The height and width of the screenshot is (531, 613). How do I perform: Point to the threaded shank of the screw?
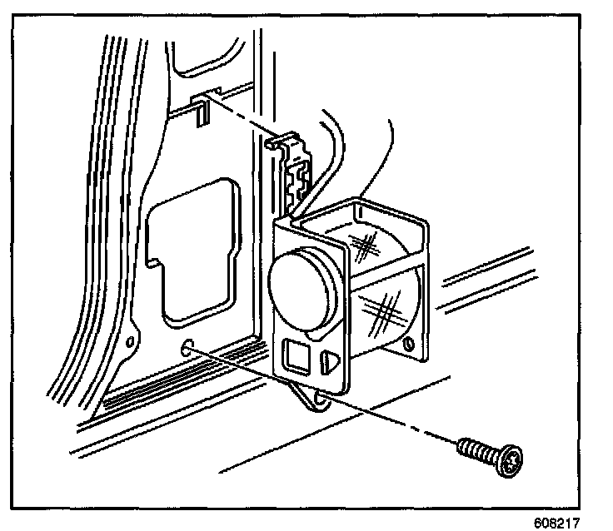[x=476, y=449]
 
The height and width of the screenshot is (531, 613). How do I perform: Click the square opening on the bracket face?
[x=296, y=356]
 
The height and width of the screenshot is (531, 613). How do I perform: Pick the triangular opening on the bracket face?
[x=328, y=360]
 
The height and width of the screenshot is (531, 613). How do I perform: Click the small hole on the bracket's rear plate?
[x=407, y=344]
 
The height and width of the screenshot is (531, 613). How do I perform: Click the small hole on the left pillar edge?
[x=129, y=342]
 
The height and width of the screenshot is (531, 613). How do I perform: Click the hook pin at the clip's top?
[x=272, y=143]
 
